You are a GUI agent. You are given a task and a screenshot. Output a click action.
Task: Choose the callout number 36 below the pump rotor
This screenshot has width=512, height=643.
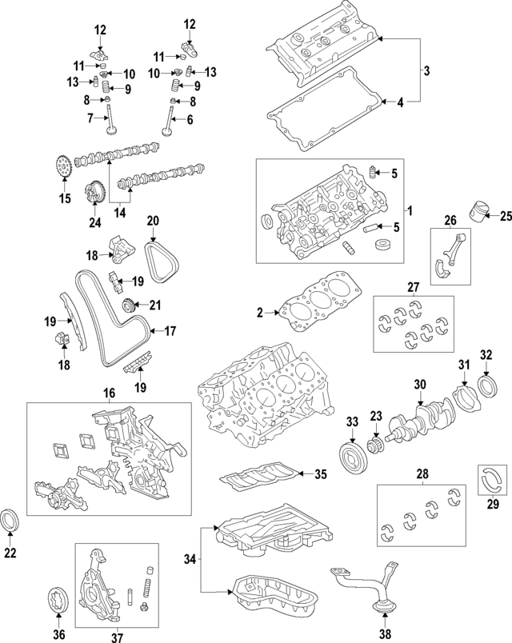[58, 634]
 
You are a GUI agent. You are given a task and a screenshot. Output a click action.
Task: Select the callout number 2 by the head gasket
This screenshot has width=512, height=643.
[259, 313]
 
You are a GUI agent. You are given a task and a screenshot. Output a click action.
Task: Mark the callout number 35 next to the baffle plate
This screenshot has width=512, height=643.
[320, 475]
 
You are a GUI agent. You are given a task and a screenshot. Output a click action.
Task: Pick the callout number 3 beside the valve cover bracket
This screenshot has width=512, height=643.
[426, 71]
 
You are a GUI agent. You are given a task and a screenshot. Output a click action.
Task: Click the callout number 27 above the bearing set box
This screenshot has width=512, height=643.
[413, 286]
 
